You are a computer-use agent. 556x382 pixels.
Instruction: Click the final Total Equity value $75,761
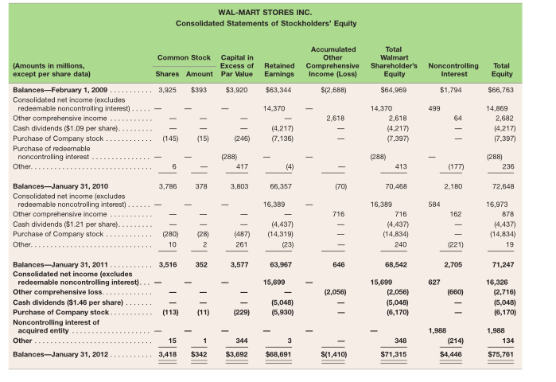point(502,351)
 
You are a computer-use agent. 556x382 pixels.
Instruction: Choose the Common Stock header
point(184,57)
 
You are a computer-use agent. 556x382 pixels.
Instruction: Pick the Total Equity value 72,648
point(502,189)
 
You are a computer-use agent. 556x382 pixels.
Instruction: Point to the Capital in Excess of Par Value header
point(237,65)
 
